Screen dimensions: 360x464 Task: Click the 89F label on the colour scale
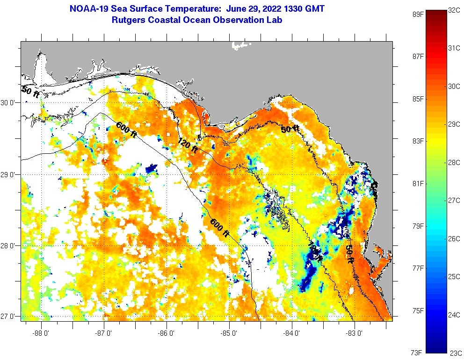click(418, 14)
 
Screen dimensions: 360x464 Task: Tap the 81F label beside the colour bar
click(418, 183)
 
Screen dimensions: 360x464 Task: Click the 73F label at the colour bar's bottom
click(418, 353)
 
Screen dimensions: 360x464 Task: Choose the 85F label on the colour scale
click(418, 99)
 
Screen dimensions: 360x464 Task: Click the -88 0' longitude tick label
click(41, 333)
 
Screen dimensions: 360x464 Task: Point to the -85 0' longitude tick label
click(229, 333)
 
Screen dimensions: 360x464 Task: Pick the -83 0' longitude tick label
click(355, 333)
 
